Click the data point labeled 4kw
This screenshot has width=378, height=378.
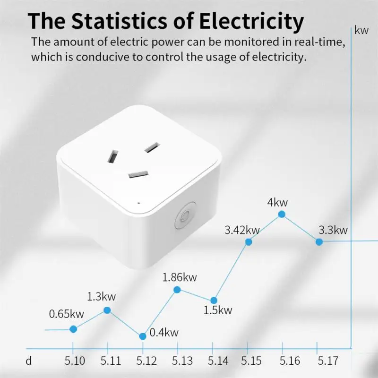pos(282,214)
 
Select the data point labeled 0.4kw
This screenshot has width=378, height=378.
pos(143,336)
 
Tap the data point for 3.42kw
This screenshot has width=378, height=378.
pos(249,242)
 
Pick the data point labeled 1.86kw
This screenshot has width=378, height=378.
pos(177,290)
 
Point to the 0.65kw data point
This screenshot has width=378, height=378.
pos(73,329)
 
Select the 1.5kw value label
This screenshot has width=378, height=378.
pos(218,310)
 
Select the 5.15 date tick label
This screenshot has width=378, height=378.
pos(252,361)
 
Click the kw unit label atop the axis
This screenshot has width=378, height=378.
pos(361,31)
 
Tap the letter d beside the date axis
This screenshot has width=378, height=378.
pos(29,361)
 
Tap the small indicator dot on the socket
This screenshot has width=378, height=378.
pos(138,203)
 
